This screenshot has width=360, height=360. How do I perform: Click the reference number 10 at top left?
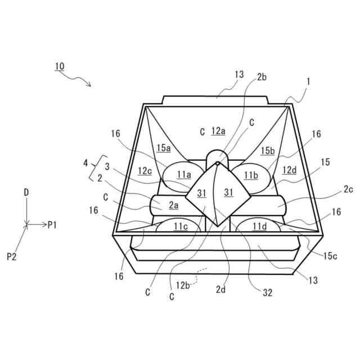(60, 66)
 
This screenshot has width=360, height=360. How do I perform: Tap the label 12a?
(219, 131)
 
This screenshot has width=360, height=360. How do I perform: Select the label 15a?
(164, 148)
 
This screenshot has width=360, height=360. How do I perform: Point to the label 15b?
(268, 150)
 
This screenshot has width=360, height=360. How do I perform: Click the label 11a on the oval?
(184, 175)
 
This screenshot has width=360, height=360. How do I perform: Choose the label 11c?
(181, 226)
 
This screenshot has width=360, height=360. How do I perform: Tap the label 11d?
(259, 226)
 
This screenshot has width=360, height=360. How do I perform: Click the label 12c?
(145, 170)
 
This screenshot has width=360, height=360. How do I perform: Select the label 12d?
(289, 170)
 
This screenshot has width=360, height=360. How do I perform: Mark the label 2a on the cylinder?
(173, 205)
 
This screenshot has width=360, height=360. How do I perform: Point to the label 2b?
(262, 77)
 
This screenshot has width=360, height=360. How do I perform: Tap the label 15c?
(331, 256)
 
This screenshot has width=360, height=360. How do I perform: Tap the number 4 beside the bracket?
(85, 164)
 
